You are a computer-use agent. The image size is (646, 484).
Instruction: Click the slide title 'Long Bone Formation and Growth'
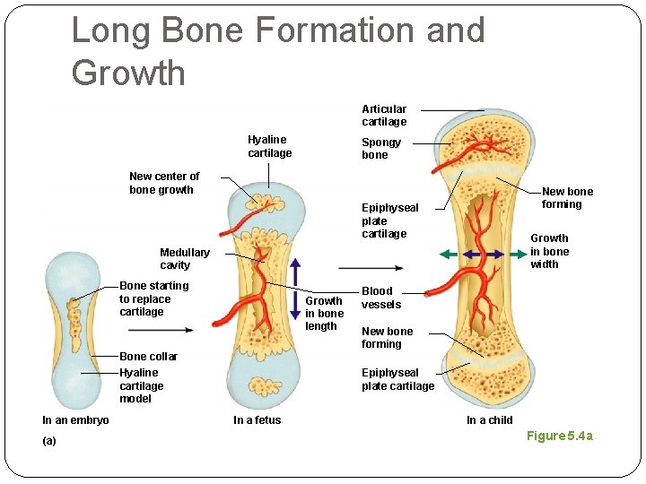click(278, 51)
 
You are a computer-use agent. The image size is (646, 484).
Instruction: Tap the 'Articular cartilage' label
click(384, 116)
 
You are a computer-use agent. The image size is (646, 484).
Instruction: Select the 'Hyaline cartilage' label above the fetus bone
click(269, 146)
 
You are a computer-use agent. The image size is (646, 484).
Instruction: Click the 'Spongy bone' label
click(381, 149)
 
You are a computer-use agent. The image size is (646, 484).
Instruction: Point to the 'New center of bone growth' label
click(164, 183)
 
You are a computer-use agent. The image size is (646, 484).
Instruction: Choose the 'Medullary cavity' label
click(184, 258)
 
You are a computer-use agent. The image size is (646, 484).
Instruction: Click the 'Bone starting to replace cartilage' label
click(153, 298)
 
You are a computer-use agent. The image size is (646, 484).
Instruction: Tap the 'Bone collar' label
click(148, 357)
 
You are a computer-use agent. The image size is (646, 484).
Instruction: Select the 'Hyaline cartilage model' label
click(142, 385)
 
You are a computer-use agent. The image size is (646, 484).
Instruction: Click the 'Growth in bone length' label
click(324, 313)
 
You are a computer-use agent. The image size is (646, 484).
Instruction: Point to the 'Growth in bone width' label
click(549, 251)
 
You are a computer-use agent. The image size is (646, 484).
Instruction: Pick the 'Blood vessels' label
click(380, 298)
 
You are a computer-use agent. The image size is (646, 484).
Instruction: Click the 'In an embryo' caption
click(75, 420)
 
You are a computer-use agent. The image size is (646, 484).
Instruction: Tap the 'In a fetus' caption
click(257, 420)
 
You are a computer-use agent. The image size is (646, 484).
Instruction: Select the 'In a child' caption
click(489, 420)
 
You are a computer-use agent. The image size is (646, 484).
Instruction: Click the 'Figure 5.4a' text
click(559, 436)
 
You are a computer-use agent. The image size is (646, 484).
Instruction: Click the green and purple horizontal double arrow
click(484, 255)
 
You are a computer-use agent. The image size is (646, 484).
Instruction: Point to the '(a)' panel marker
click(49, 441)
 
